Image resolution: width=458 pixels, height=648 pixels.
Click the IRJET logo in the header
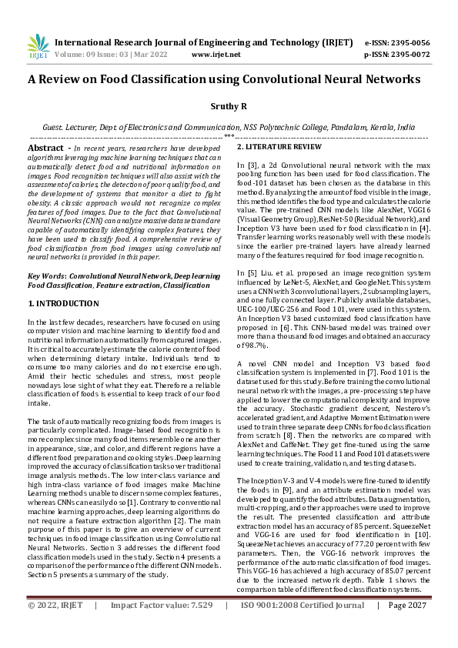38,48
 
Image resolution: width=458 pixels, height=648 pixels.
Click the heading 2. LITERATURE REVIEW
279,146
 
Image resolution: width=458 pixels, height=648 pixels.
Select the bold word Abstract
45,147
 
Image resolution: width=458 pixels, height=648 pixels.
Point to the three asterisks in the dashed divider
229,136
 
